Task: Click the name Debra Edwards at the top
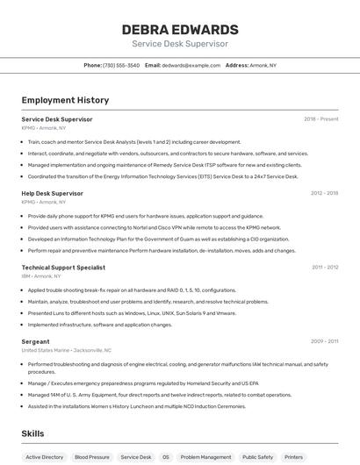pyautogui.click(x=180, y=29)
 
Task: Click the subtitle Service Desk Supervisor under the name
pyautogui.click(x=180, y=44)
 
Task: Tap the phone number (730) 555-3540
pyautogui.click(x=121, y=65)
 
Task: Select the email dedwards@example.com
pyautogui.click(x=191, y=65)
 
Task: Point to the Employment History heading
pyautogui.click(x=65, y=100)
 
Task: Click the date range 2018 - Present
pyautogui.click(x=320, y=118)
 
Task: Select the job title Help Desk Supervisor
pyautogui.click(x=53, y=193)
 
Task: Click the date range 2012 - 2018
pyautogui.click(x=324, y=193)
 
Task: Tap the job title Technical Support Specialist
pyautogui.click(x=63, y=267)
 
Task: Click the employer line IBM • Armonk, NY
pyautogui.click(x=43, y=275)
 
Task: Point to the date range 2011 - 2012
pyautogui.click(x=324, y=267)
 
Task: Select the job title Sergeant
pyautogui.click(x=36, y=341)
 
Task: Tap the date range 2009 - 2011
pyautogui.click(x=324, y=341)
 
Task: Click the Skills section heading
pyautogui.click(x=32, y=433)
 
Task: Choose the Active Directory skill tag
pyautogui.click(x=45, y=457)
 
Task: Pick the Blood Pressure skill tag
pyautogui.click(x=92, y=457)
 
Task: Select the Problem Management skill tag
pyautogui.click(x=205, y=457)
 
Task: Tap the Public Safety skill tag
pyautogui.click(x=258, y=457)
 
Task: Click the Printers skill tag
pyautogui.click(x=294, y=457)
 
